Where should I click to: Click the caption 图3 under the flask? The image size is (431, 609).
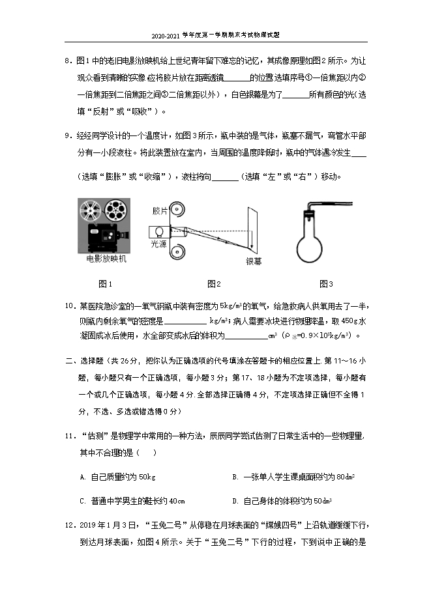pyautogui.click(x=327, y=283)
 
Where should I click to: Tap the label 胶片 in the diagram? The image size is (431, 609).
pyautogui.click(x=160, y=211)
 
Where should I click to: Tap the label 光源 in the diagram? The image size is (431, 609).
pyautogui.click(x=159, y=243)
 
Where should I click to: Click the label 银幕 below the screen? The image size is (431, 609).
pyautogui.click(x=254, y=261)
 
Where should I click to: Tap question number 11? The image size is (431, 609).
pyautogui.click(x=70, y=436)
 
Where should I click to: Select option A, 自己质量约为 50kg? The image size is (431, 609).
pyautogui.click(x=117, y=477)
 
